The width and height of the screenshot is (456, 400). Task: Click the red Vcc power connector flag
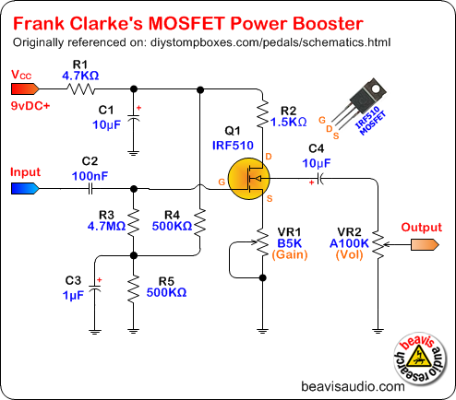[x=25, y=89]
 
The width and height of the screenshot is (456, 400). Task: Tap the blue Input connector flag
[x=25, y=188]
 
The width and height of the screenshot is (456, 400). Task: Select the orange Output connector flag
[x=425, y=245]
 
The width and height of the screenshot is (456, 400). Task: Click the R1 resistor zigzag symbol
[x=81, y=89]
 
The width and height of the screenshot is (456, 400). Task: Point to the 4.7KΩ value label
[x=80, y=76]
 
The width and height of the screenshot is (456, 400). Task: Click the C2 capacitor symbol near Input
[x=90, y=189]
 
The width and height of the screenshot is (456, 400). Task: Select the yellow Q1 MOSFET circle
[x=248, y=179]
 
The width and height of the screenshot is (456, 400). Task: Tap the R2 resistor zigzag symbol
[x=262, y=113]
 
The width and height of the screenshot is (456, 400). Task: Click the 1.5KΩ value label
[x=288, y=122]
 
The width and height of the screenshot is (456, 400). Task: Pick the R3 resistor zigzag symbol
[x=134, y=222]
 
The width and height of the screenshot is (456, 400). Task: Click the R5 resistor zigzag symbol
[x=134, y=289]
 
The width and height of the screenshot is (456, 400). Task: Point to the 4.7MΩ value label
[x=106, y=226]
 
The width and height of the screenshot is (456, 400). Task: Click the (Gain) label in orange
[x=290, y=254]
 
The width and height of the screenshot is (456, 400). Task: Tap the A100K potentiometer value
[x=349, y=243]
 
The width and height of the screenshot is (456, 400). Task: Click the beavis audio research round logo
[x=421, y=359]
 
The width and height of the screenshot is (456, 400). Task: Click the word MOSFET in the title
[x=186, y=23]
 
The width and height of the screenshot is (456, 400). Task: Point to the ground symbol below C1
[x=133, y=153]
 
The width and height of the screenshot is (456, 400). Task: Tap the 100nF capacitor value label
[x=90, y=176]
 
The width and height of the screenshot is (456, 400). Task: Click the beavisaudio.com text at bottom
[x=353, y=386]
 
